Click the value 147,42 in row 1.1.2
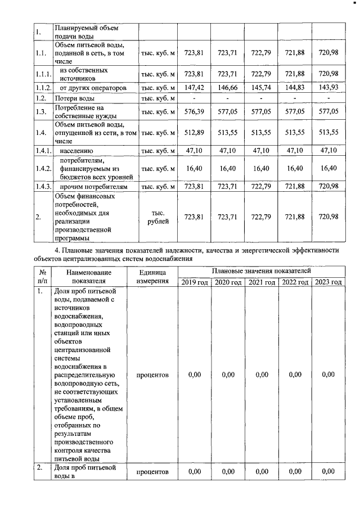tap(193, 88)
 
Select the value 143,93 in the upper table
tap(328, 88)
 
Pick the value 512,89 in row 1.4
tap(193, 133)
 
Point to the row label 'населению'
tap(77, 150)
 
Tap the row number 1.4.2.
tap(42, 168)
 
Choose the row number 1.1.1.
tap(42, 74)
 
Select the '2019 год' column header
tap(194, 282)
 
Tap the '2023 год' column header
tap(328, 282)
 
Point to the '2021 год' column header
tap(262, 282)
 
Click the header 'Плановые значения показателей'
tap(261, 271)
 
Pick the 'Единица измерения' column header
tap(152, 276)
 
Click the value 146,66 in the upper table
tap(227, 88)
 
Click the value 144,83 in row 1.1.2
tap(295, 88)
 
